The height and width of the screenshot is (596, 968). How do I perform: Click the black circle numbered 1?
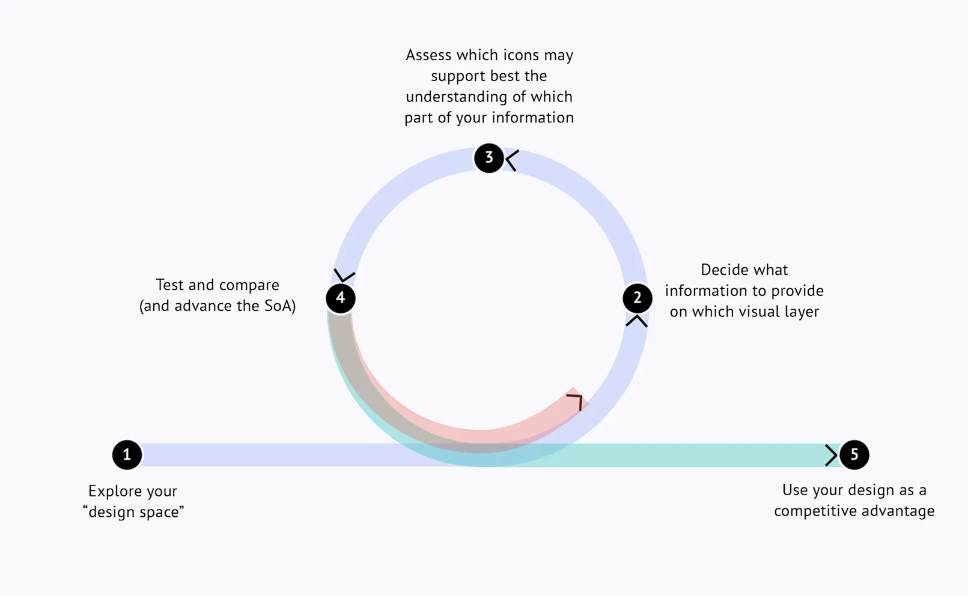click(x=127, y=455)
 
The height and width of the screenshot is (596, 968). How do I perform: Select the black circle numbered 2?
click(x=637, y=298)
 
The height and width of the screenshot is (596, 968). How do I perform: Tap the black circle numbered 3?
click(x=489, y=158)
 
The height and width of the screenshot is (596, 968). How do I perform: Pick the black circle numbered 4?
click(x=341, y=298)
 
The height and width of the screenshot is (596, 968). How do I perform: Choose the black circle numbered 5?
click(x=854, y=455)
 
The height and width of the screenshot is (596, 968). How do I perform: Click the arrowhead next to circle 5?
click(x=832, y=455)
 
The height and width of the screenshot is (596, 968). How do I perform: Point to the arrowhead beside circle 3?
click(x=512, y=160)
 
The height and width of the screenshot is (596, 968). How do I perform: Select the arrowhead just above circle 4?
click(x=344, y=275)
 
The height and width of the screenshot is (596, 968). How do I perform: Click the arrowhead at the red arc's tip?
click(x=576, y=400)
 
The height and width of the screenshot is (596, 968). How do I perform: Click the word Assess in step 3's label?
click(x=428, y=55)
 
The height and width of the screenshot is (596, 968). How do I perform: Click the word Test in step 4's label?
click(x=170, y=284)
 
